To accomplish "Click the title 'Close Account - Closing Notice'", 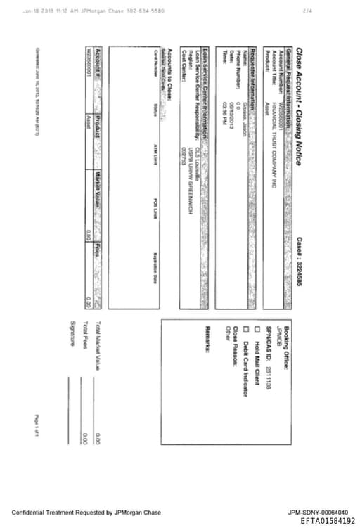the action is [x=299, y=105].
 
